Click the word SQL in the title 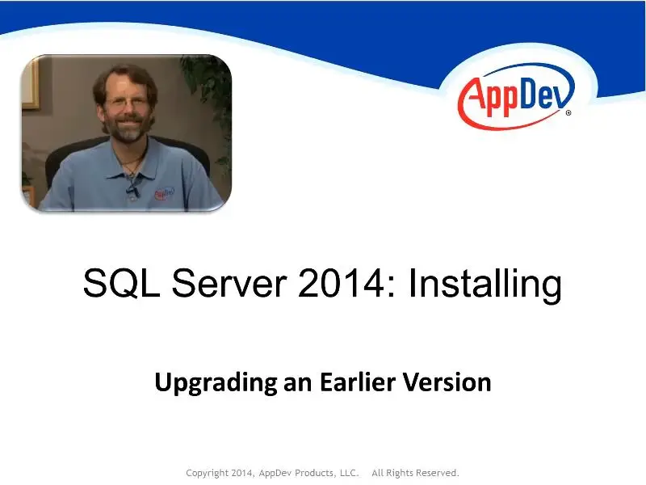click(x=122, y=284)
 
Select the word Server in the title click(x=229, y=284)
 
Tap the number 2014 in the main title click(x=341, y=284)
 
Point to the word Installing click(x=485, y=285)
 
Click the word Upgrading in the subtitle click(x=216, y=383)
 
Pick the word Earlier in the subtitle click(x=358, y=382)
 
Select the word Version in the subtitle click(x=447, y=382)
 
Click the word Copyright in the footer click(x=207, y=473)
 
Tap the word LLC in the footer click(x=349, y=473)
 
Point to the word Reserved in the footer click(x=438, y=473)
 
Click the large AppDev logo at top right click(x=516, y=96)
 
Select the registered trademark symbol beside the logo click(x=568, y=112)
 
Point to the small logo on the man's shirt click(x=164, y=193)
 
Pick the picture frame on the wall click(x=31, y=85)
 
